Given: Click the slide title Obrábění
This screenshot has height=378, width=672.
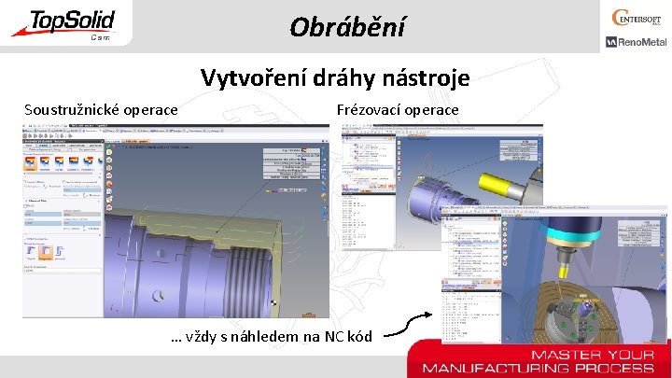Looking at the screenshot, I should click(x=347, y=26).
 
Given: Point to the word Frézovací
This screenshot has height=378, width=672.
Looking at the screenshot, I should click(x=369, y=110).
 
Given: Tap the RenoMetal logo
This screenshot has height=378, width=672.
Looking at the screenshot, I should click(x=636, y=42).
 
